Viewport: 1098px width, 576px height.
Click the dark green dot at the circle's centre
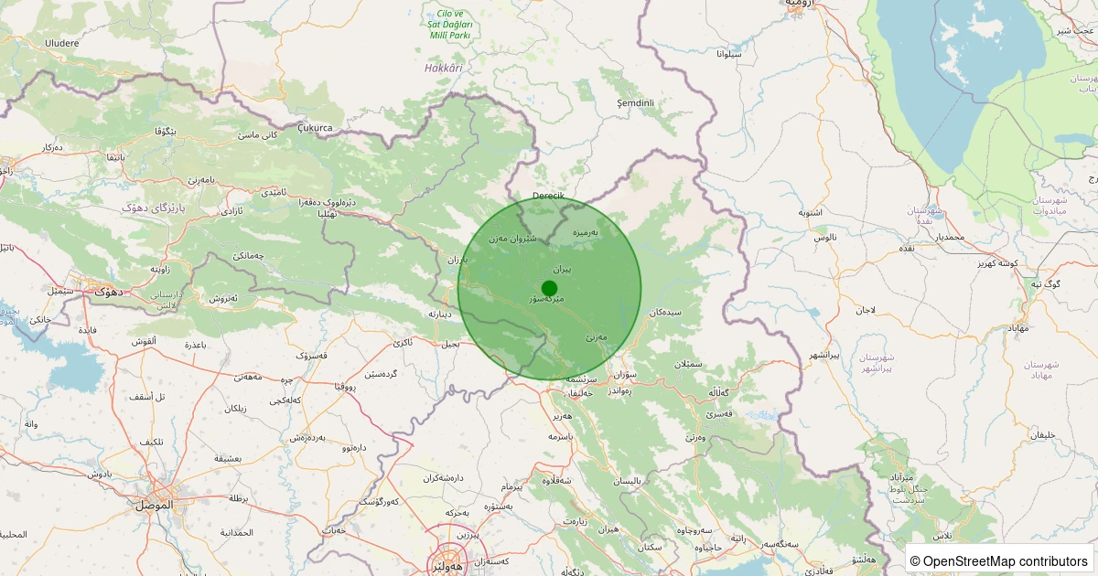(549, 288)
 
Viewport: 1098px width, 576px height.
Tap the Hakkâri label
(444, 68)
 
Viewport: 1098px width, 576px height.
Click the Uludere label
(61, 42)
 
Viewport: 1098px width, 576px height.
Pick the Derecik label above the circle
(549, 197)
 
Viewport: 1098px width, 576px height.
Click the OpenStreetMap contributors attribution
(999, 560)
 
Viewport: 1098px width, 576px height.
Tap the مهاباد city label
(1017, 327)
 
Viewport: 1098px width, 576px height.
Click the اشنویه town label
(810, 213)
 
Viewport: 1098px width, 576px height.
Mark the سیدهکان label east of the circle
(665, 313)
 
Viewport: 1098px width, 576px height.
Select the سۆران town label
(625, 374)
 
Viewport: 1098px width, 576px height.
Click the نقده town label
(907, 248)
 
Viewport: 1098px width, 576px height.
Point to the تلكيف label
(152, 442)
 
